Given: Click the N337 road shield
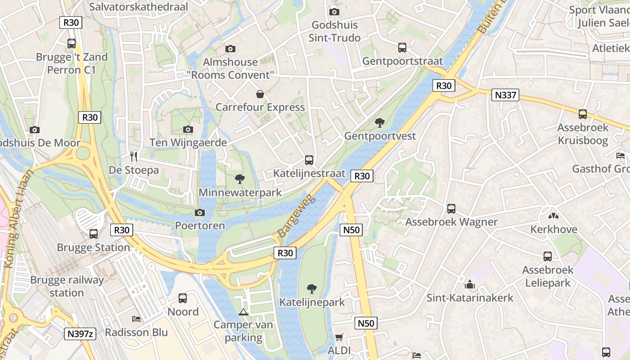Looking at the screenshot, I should (x=505, y=95).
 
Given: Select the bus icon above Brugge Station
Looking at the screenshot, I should (x=94, y=234).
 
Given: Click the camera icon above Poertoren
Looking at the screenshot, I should (x=200, y=212).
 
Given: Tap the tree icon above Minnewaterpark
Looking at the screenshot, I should (x=240, y=179).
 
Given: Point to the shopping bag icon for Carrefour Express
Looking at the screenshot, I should (x=260, y=94).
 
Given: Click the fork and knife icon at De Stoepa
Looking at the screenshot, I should (x=133, y=157).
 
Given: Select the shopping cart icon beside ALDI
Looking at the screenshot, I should (x=339, y=337).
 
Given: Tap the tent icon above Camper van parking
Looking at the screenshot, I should (x=243, y=311).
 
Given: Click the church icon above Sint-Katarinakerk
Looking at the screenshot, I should (x=470, y=284).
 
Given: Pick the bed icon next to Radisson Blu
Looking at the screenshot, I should (x=136, y=319).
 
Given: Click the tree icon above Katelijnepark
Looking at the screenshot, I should (x=311, y=288).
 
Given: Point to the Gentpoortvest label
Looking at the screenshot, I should (x=380, y=135).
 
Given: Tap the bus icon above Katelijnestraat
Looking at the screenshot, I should (x=309, y=160).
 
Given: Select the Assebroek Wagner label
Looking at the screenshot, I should (x=451, y=222).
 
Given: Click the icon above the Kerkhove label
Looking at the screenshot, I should (x=553, y=216).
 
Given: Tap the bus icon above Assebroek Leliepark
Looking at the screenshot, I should (x=548, y=256).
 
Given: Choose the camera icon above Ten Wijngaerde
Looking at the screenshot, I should (x=188, y=130).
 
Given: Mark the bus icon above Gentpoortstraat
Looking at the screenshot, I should (x=402, y=48).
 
